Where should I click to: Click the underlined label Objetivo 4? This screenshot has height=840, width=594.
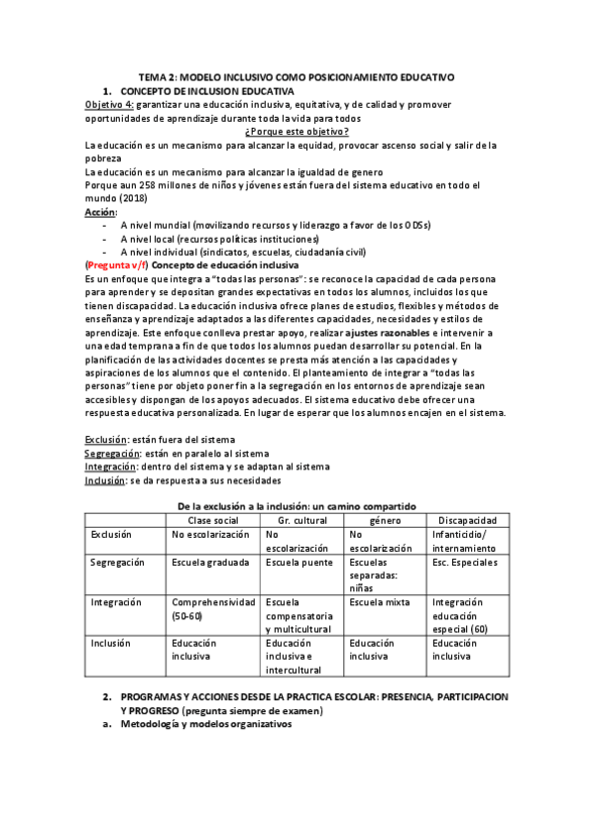108,104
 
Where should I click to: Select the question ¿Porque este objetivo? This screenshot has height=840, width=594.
296,132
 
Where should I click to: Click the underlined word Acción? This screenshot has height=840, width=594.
100,212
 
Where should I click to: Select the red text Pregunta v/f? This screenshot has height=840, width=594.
118,266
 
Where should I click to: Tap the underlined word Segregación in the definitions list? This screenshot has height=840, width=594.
112,452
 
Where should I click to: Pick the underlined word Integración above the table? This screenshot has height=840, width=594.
111,466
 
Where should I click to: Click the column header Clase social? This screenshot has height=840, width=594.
212,519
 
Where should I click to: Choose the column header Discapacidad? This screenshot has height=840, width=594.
467,519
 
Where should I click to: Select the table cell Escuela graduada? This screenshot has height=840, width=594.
208,562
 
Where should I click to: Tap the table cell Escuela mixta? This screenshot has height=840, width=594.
380,601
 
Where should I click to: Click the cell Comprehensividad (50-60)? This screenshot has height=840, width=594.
210,608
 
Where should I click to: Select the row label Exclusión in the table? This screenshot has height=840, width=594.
111,534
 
